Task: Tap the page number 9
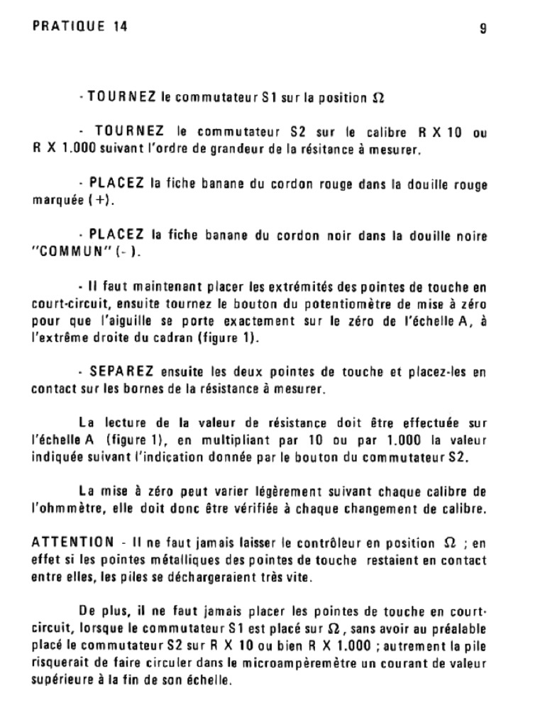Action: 483,29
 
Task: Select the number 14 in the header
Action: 119,28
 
